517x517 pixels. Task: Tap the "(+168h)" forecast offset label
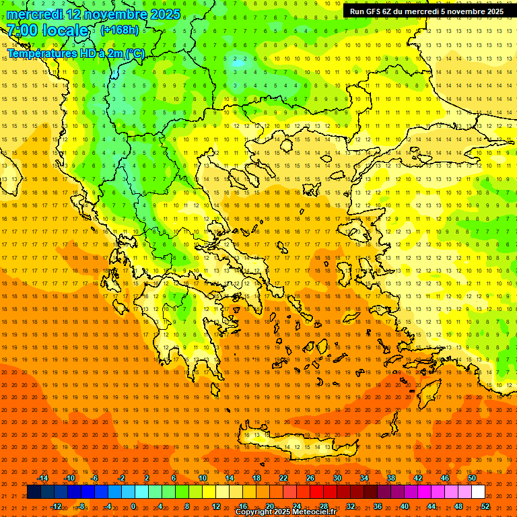120,30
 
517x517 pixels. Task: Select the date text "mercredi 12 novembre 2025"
94,14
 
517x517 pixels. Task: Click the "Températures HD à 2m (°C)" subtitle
76,53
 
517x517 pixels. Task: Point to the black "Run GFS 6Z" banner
427,11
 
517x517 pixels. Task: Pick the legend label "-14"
42,478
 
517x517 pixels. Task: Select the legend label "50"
471,478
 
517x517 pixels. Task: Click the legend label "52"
485,506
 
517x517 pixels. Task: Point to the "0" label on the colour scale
133,506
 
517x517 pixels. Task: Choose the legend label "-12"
56,506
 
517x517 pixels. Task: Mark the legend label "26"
310,478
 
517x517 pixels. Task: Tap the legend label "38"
390,478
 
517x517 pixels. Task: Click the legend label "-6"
95,478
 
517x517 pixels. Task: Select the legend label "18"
256,478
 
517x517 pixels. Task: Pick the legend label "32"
350,506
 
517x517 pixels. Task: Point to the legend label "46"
444,478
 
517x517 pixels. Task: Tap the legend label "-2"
122,478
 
